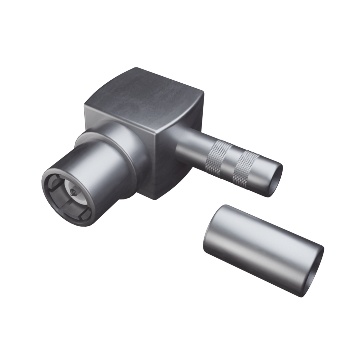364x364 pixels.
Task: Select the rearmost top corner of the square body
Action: click(x=136, y=68)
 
